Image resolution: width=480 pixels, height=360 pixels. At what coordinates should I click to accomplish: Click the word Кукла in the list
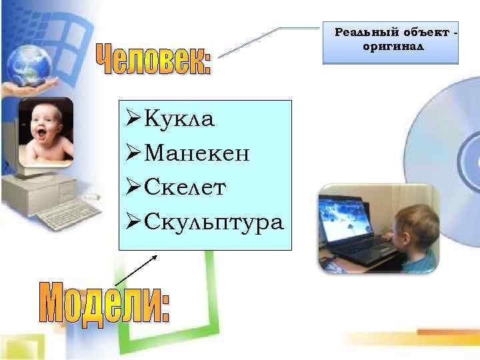tap(179, 120)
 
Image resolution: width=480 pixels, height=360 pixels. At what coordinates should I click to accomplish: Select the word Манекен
tap(197, 154)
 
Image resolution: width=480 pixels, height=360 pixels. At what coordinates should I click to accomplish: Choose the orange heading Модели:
tap(106, 303)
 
